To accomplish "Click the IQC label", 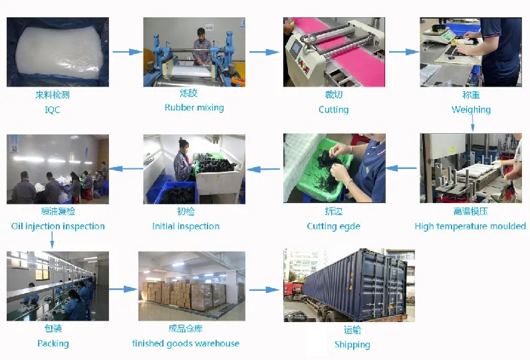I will click(52, 110).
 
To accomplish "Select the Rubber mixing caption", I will click(194, 108).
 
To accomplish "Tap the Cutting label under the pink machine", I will click(333, 110).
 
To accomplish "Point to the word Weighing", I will click(471, 110).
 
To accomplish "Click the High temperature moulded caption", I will click(470, 226).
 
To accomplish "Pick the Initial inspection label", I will click(186, 226).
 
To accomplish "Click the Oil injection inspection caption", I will click(58, 226).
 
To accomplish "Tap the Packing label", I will click(53, 343).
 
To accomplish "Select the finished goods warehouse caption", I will click(186, 343).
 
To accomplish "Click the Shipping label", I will click(352, 345).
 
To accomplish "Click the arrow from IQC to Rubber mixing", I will click(127, 51).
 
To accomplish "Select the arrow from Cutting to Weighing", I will click(403, 51).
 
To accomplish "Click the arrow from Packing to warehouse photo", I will click(123, 289).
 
